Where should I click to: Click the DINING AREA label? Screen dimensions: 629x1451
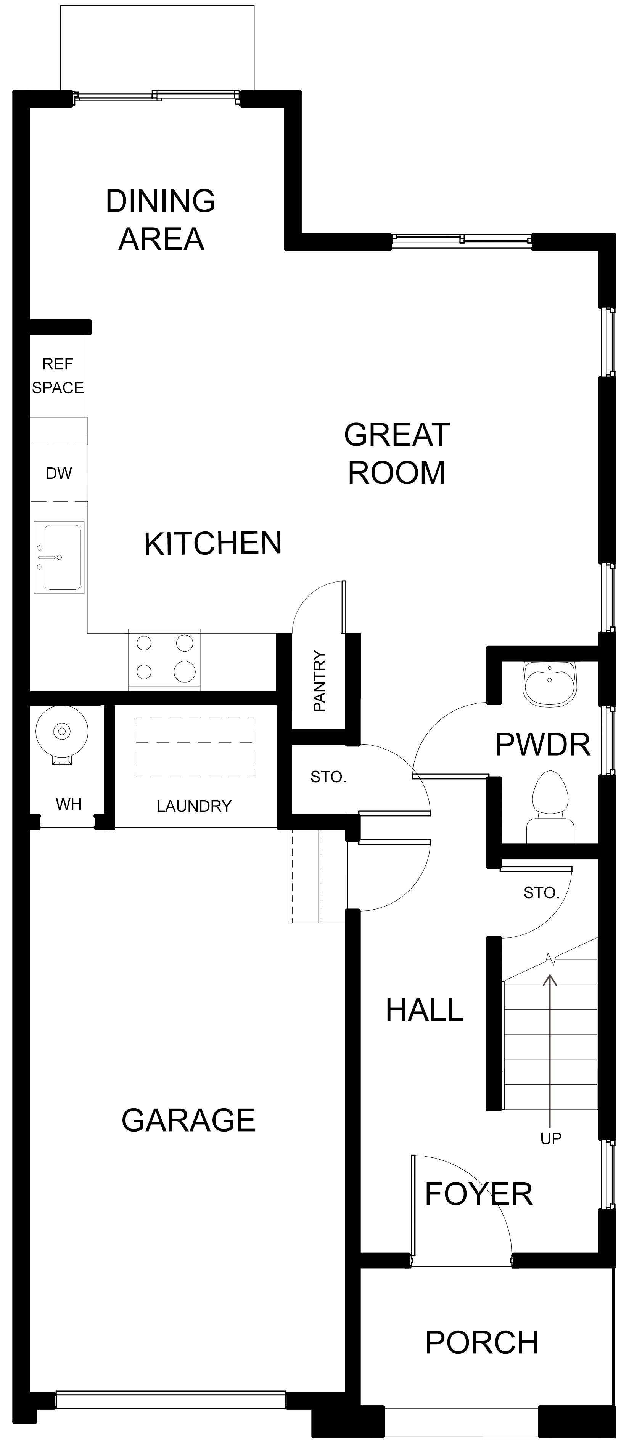coord(161,220)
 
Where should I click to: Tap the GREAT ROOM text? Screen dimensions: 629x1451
coord(397,453)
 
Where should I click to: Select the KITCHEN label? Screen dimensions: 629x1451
coord(212,544)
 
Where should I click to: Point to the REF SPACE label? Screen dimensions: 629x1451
coord(58,376)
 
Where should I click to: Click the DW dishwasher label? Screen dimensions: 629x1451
coord(59,473)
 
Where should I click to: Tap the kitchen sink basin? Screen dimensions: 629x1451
coord(59,557)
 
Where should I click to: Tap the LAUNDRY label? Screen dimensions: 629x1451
coord(194,806)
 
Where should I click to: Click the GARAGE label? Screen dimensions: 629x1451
coord(188,1120)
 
